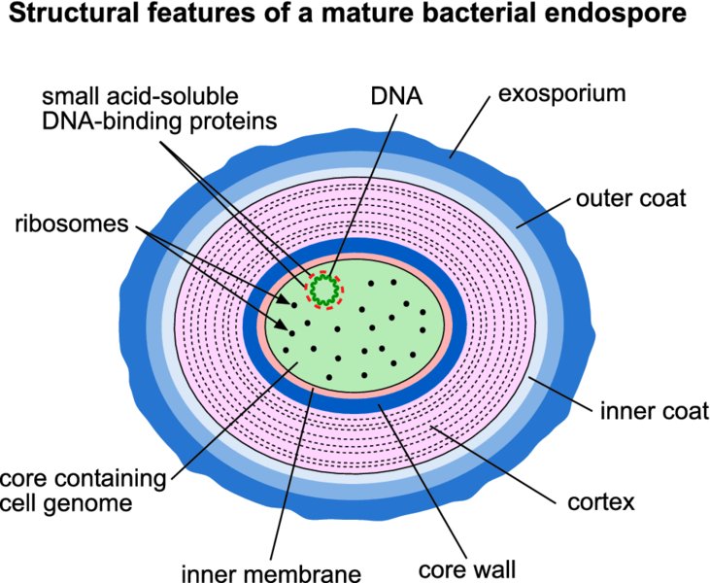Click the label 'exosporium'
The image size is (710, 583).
point(562,94)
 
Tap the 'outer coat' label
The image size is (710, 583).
point(630,199)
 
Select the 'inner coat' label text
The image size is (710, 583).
point(654,411)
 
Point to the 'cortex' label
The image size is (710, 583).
point(601,502)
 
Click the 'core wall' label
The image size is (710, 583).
point(467,569)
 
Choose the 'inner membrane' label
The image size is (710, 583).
point(271,573)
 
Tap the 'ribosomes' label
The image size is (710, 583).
point(72,224)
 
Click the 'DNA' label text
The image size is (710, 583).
point(396,96)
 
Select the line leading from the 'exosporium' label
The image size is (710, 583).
point(470,127)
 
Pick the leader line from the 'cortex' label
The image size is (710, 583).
point(492,464)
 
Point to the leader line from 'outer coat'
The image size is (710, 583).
point(543,213)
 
